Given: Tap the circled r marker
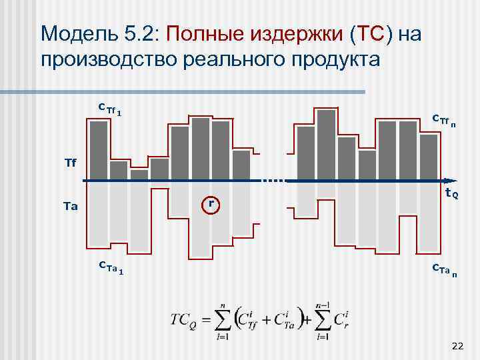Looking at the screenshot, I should [x=211, y=203].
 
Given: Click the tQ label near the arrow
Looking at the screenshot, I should [x=451, y=194].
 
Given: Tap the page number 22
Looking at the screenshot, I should [x=457, y=345].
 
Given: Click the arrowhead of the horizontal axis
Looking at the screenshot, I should [x=452, y=181].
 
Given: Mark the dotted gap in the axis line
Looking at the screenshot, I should [x=273, y=181].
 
